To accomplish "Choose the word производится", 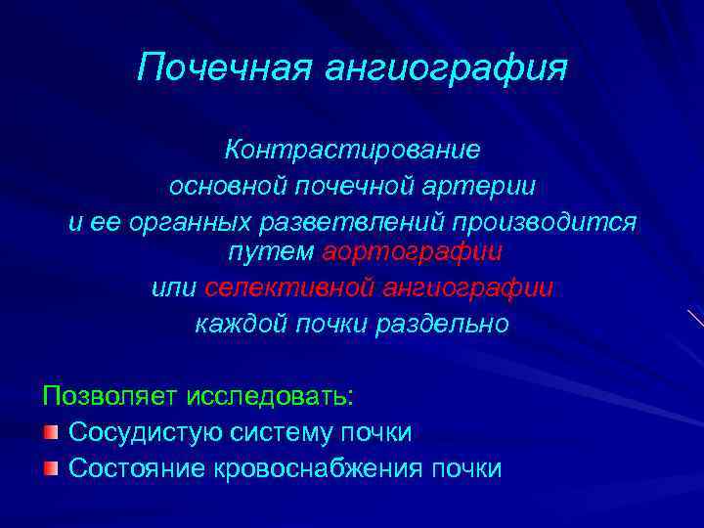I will coord(555,221).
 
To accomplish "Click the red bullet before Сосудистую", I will coord(51,432).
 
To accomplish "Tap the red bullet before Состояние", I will coord(51,467).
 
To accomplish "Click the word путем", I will coord(270,252).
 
